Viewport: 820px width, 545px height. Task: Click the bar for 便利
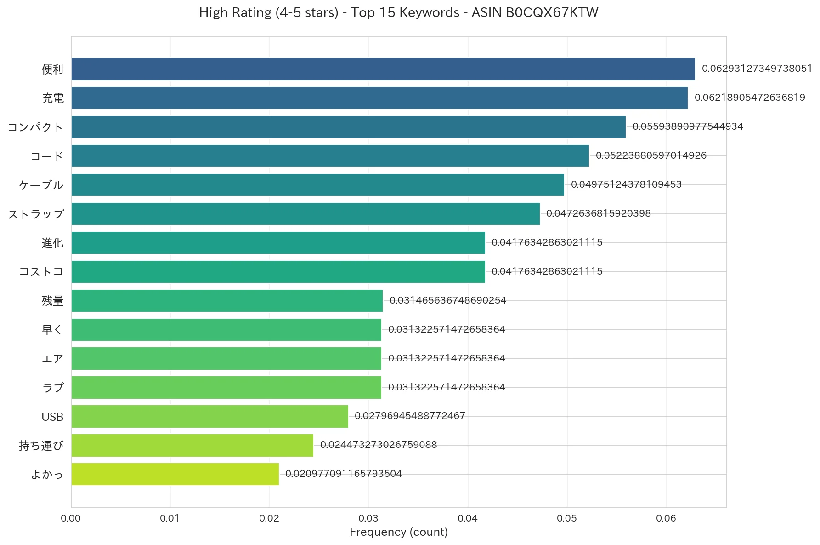tap(383, 69)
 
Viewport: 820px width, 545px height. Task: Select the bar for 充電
tap(379, 98)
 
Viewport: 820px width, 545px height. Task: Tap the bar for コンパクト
tap(349, 127)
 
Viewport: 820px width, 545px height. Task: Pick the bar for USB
tap(210, 416)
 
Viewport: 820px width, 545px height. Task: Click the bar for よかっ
tap(175, 474)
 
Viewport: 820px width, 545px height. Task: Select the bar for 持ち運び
tap(192, 445)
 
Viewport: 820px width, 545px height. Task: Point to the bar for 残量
tap(227, 301)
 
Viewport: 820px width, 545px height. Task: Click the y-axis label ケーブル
tap(41, 185)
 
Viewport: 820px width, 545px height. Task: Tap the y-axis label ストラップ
tap(36, 214)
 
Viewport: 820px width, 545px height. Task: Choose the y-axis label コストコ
tap(41, 272)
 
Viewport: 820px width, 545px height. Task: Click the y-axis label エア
tap(52, 359)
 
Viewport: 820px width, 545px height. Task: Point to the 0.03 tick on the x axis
tap(368, 518)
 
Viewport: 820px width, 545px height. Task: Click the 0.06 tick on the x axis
tap(666, 518)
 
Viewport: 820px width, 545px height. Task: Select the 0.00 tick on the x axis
tap(71, 518)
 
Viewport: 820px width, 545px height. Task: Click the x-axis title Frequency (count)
tap(399, 532)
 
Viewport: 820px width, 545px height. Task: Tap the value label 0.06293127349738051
tap(757, 69)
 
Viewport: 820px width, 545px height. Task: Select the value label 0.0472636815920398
tap(599, 213)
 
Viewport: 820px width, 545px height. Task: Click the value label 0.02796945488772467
tap(410, 416)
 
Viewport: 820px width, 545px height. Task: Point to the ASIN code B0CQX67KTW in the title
tap(552, 12)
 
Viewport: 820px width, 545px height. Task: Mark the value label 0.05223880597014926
tap(651, 155)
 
